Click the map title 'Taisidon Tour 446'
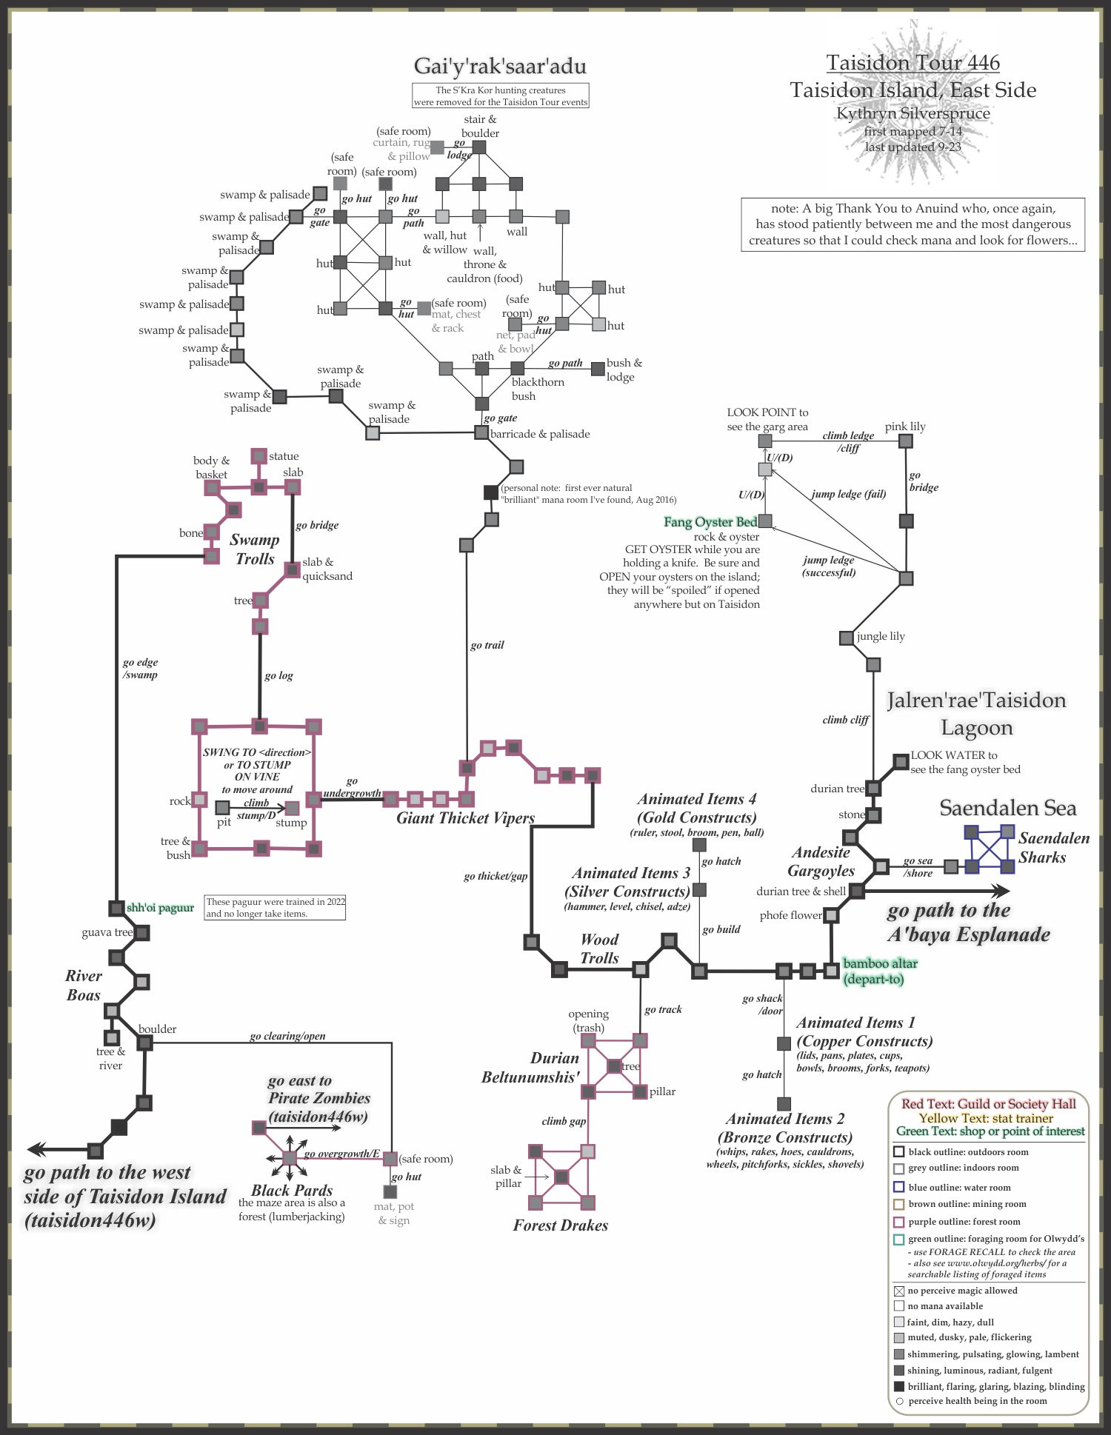913,63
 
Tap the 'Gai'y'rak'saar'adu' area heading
500,67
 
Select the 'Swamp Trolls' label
255,549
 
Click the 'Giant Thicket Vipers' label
465,818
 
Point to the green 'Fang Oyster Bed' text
710,522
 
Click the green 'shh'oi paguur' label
160,908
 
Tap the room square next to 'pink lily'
905,441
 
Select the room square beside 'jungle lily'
846,638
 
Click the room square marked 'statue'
258,455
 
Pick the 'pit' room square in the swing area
222,807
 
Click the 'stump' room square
293,807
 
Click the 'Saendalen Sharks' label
1053,848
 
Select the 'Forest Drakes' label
560,1225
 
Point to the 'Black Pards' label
292,1190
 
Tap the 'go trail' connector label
487,645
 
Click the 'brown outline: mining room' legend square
898,1204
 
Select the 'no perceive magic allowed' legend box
898,1291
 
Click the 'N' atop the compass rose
913,24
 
